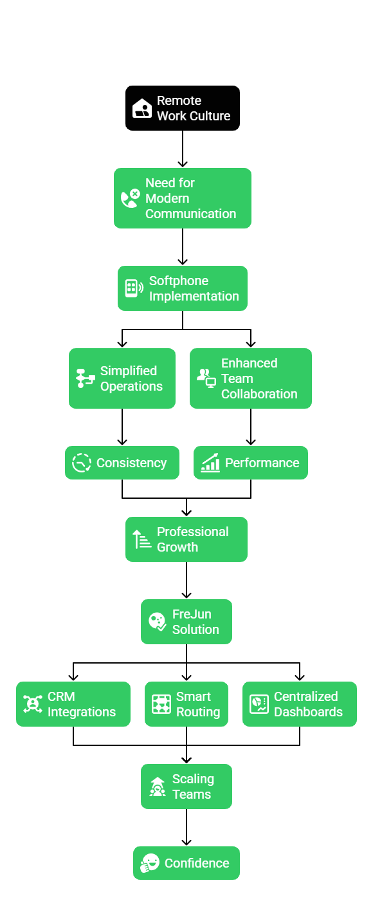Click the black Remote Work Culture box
[x=183, y=108]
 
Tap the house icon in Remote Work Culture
[x=142, y=108]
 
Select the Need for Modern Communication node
[x=183, y=198]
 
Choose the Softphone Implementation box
[x=183, y=288]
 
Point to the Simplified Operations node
[x=122, y=378]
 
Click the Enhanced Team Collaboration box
[x=251, y=378]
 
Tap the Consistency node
[x=122, y=463]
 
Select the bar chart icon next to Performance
[x=210, y=463]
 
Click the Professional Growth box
[x=186, y=539]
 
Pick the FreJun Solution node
[x=186, y=622]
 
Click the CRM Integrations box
[x=73, y=704]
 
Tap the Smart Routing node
[x=186, y=704]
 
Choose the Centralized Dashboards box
[x=300, y=704]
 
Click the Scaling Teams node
[x=186, y=786]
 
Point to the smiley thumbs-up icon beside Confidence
[x=150, y=863]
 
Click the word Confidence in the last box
[x=197, y=863]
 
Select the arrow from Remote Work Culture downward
[x=183, y=149]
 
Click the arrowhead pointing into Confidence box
[x=186, y=842]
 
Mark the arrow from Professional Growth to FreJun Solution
[x=186, y=580]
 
